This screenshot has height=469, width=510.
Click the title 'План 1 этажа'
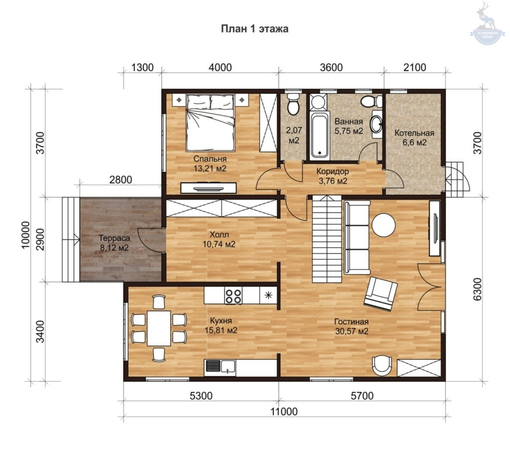(255, 29)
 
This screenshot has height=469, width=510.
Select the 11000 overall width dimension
(284, 412)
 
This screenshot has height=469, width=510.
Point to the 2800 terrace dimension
(121, 180)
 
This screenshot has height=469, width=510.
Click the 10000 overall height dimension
(26, 235)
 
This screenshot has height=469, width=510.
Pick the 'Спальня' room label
(210, 159)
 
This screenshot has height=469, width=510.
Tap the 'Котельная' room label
(414, 133)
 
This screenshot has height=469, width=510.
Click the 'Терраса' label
(115, 238)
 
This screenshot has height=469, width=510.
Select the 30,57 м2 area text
(352, 331)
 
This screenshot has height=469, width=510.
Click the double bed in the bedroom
(211, 122)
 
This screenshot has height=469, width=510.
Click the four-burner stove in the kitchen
(233, 296)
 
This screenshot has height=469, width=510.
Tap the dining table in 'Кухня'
(159, 328)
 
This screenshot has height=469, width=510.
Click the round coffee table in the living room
(384, 225)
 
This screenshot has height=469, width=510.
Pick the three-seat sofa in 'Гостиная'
(357, 237)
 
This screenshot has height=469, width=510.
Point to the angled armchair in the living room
(381, 294)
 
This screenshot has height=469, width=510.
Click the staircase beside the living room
(327, 239)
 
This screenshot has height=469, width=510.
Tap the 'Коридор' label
(333, 172)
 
